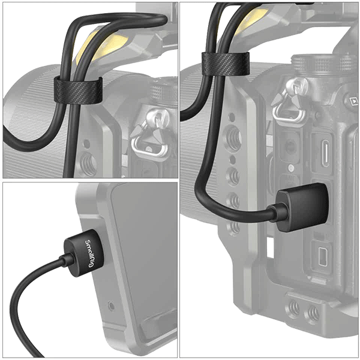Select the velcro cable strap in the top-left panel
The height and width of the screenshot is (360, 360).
pyautogui.click(x=78, y=90)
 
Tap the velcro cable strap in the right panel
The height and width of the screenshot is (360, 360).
pyautogui.click(x=226, y=64)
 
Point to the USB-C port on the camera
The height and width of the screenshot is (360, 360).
pyautogui.click(x=325, y=154)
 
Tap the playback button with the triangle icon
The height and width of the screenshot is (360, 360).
pyautogui.click(x=353, y=101)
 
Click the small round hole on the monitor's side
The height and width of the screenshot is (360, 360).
pyautogui.click(x=111, y=306)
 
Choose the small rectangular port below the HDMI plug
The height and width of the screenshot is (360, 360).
pyautogui.click(x=322, y=256)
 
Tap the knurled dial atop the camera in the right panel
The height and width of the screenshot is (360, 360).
pyautogui.click(x=322, y=62)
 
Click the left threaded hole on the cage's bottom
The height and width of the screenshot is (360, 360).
pyautogui.click(x=295, y=308)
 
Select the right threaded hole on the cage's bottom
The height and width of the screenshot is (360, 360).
pyautogui.click(x=313, y=313)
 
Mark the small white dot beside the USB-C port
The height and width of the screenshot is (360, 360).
pyautogui.click(x=291, y=168)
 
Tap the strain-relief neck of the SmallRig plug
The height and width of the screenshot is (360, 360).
pyautogui.click(x=67, y=259)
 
